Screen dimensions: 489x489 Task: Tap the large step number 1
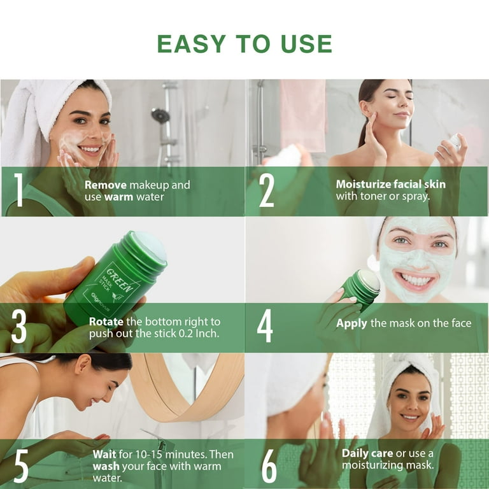(x=18, y=190)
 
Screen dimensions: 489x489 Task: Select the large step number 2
(x=267, y=190)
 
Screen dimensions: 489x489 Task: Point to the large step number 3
(x=18, y=326)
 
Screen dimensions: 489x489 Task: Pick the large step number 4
(x=265, y=326)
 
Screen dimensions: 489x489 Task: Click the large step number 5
(x=21, y=466)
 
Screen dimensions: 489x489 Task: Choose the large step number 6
(x=269, y=466)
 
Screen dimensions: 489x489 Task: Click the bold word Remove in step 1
(x=106, y=185)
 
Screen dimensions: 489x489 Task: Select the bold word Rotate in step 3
(x=106, y=322)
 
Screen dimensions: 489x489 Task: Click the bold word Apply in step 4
(x=351, y=323)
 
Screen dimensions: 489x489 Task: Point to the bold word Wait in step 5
(x=104, y=454)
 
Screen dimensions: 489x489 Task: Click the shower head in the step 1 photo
(x=160, y=115)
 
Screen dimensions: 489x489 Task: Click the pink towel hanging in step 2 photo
(x=302, y=115)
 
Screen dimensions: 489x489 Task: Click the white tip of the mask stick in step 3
(x=149, y=247)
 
